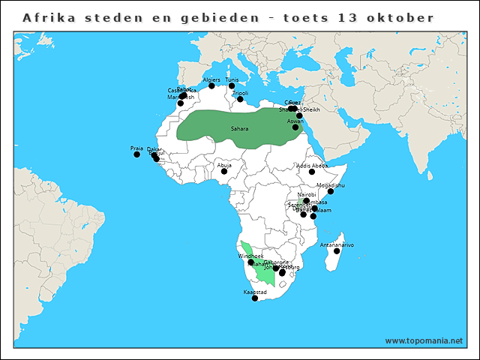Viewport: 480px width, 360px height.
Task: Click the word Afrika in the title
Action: pos(46,17)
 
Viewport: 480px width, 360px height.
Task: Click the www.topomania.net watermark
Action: pos(424,340)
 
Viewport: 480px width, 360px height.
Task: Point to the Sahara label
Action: pos(240,128)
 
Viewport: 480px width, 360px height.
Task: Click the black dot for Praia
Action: pos(136,154)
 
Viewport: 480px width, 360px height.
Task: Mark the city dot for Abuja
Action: pos(224,171)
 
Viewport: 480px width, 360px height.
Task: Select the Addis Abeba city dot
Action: pos(312,172)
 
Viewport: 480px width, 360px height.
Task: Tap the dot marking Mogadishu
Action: pos(331,191)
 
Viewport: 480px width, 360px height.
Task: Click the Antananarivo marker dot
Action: pos(337,251)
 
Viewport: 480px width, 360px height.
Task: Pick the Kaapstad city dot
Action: pos(255,298)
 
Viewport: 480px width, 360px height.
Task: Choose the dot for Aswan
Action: pos(295,127)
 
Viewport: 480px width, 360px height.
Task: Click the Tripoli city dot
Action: pos(241,99)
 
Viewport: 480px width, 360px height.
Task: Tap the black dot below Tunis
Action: pos(232,86)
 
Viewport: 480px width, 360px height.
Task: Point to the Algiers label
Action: pos(211,79)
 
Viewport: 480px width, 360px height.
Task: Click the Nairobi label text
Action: pos(307,194)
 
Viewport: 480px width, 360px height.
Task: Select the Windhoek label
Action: pos(250,256)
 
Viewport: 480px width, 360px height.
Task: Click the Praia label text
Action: pos(136,148)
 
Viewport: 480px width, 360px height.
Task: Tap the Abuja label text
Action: pos(224,164)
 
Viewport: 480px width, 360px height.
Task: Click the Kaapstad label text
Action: pos(255,292)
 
